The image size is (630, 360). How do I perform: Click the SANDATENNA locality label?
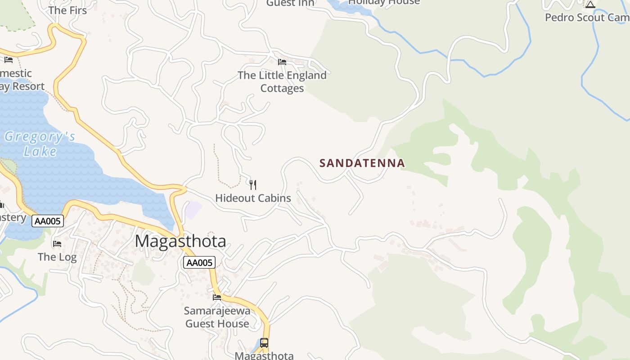click(x=362, y=163)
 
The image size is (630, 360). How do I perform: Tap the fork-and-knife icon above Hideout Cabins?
click(x=253, y=184)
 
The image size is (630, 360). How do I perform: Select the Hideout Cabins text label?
click(x=253, y=198)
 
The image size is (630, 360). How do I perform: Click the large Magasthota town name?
click(x=180, y=241)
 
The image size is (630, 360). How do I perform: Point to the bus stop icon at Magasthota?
click(x=264, y=343)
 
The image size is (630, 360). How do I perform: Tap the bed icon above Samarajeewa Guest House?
click(x=217, y=297)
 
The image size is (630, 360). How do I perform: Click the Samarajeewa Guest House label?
click(x=217, y=317)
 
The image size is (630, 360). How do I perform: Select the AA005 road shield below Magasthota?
click(x=199, y=263)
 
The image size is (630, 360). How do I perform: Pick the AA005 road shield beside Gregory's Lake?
click(x=48, y=221)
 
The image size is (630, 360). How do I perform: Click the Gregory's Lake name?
click(x=40, y=144)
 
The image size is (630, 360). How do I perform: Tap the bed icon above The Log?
click(x=57, y=244)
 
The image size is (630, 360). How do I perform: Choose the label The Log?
click(x=57, y=257)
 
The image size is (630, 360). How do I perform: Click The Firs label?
click(x=67, y=10)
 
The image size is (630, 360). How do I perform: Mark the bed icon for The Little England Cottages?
click(x=282, y=62)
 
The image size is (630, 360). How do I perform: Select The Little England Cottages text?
click(x=282, y=81)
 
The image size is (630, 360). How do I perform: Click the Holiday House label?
click(x=384, y=2)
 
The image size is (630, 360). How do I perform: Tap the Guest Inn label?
click(x=290, y=3)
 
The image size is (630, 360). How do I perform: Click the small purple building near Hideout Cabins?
click(x=193, y=210)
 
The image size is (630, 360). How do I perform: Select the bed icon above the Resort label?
click(x=9, y=60)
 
